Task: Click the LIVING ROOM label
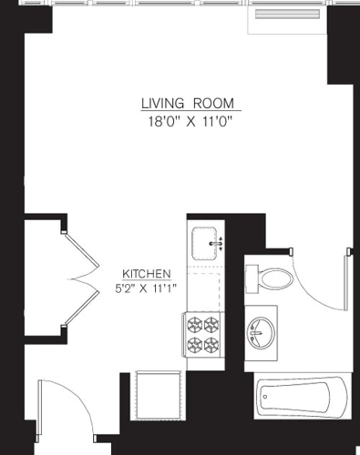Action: (x=188, y=103)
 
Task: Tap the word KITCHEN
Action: (x=147, y=273)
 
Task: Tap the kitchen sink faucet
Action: (x=216, y=244)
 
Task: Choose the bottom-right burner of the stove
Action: (x=211, y=345)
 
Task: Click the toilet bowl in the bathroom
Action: (x=275, y=279)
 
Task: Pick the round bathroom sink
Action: (x=260, y=332)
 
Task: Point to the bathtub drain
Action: (x=265, y=397)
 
